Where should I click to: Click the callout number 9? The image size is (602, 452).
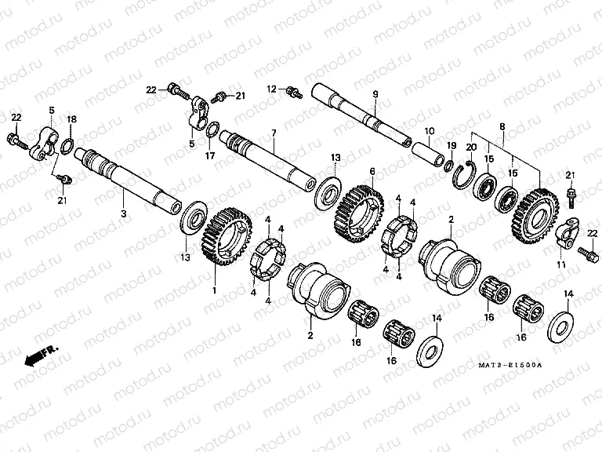[375, 94]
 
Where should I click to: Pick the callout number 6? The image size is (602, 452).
[372, 170]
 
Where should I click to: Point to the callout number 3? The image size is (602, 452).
[123, 213]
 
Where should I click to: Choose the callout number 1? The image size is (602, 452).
[214, 290]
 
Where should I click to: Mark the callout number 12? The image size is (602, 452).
[272, 88]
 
